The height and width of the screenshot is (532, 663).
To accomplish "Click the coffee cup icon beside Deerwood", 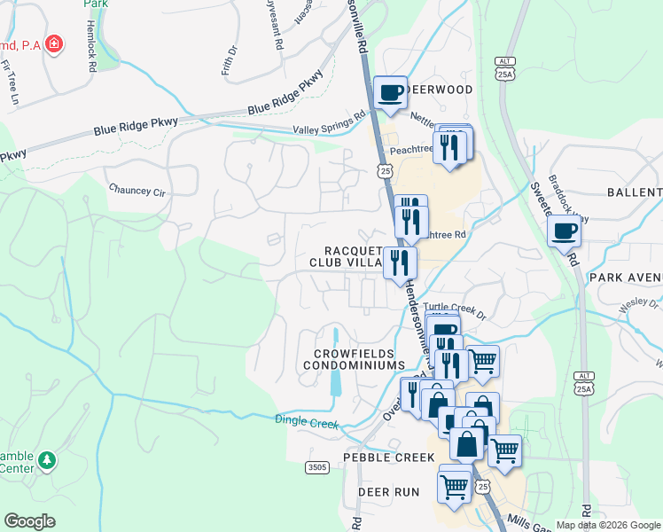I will pos(389,92).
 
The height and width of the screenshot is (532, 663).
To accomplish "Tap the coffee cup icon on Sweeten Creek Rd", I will pos(564,232).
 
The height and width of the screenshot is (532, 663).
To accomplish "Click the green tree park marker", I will pos(48,460).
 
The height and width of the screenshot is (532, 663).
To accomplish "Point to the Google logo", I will pos(29,521).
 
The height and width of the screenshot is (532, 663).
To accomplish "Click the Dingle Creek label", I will pos(307,422).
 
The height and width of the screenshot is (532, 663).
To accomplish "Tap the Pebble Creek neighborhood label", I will pos(394,458).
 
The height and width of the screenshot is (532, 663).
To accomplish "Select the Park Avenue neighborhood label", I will pos(625,278).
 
